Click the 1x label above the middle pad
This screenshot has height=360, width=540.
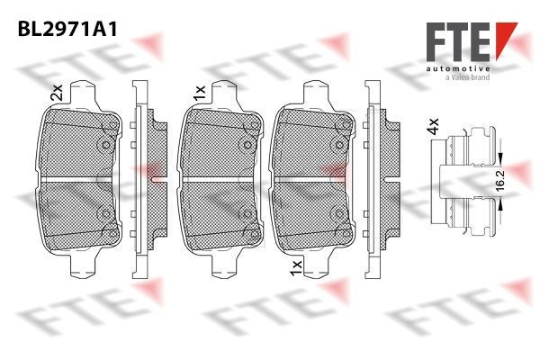[x=199, y=92]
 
